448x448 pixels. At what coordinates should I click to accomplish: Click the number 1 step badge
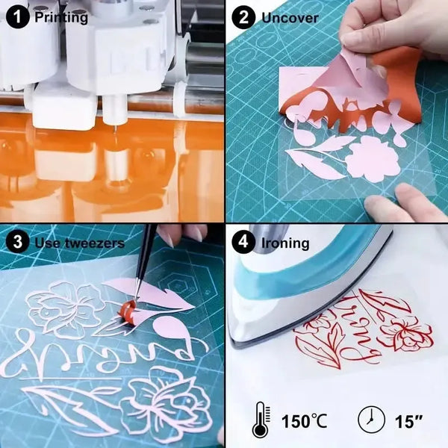(17, 17)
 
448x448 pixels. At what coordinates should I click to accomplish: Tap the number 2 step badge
(243, 17)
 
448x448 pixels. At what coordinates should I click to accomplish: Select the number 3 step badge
(17, 242)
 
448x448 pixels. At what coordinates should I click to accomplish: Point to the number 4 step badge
(243, 242)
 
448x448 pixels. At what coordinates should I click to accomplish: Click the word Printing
(61, 17)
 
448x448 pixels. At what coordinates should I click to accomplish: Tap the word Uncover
(290, 18)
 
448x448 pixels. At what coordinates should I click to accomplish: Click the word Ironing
(285, 243)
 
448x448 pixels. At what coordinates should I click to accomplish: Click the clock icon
(371, 420)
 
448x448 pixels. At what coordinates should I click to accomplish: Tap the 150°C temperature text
(305, 421)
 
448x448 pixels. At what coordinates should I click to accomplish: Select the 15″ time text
(408, 421)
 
